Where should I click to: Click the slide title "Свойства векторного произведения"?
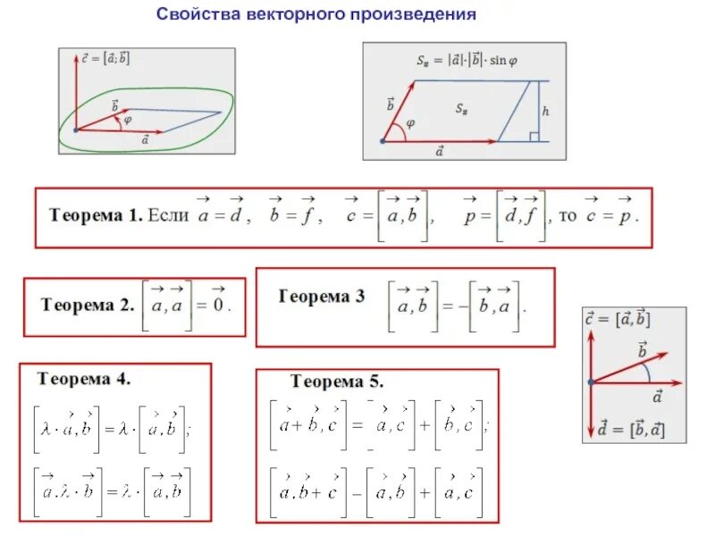point(316,14)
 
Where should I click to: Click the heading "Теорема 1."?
point(96,215)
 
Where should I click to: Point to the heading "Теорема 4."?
point(84,378)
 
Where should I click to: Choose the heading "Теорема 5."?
point(337,381)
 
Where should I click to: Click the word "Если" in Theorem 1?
point(168,215)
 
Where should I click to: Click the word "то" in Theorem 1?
point(568,215)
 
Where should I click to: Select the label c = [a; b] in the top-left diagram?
point(105,57)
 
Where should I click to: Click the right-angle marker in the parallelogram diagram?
point(533,137)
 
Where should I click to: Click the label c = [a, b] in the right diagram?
point(623,319)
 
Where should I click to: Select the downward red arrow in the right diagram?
point(590,412)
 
